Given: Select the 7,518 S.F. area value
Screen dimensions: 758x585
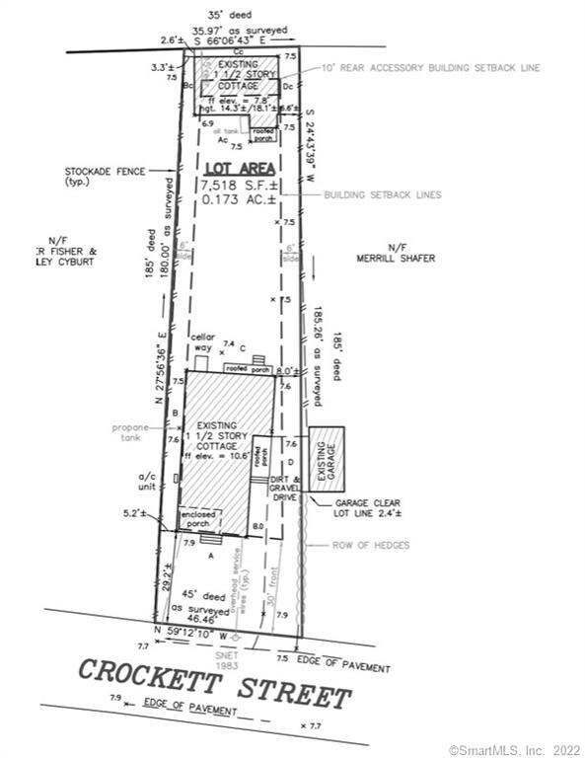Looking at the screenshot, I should (240, 185).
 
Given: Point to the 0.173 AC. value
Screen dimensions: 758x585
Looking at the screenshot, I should (240, 199).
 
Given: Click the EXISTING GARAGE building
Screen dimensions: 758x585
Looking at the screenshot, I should (327, 459).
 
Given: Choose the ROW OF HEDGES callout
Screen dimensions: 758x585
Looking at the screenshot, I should (370, 545).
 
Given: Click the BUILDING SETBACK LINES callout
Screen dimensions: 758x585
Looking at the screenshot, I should (383, 195).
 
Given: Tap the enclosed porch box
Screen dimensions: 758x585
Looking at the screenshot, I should (200, 519).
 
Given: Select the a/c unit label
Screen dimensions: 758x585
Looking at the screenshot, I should (145, 480).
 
